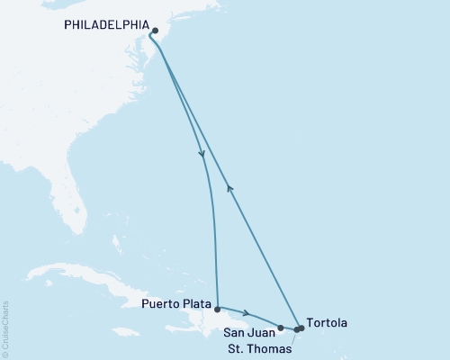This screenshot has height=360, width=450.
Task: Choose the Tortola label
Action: point(325,321)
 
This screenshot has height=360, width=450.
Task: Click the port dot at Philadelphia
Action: point(155,31)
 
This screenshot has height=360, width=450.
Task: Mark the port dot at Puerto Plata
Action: point(217,309)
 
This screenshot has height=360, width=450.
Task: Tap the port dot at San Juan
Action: point(281,328)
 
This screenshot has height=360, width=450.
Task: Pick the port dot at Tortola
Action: point(301,328)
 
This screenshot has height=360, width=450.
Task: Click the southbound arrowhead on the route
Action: point(202,155)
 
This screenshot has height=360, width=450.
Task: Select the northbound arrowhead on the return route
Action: point(230,187)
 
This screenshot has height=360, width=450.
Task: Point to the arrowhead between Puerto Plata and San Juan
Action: point(248,316)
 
